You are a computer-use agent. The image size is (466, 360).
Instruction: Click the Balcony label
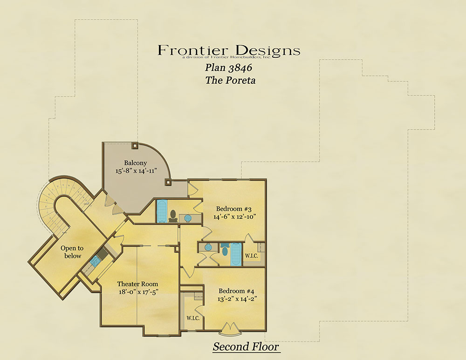pyautogui.click(x=136, y=163)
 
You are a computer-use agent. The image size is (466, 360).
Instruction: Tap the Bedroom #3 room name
pyautogui.click(x=234, y=209)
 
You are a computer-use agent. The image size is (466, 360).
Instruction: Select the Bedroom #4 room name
pyautogui.click(x=237, y=291)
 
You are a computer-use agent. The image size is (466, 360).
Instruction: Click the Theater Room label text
pyautogui.click(x=137, y=284)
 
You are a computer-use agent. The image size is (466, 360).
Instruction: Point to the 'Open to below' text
pyautogui.click(x=72, y=252)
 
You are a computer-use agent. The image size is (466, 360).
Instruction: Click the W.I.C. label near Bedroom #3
pyautogui.click(x=252, y=256)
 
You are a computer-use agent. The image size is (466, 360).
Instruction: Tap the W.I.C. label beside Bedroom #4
pyautogui.click(x=193, y=318)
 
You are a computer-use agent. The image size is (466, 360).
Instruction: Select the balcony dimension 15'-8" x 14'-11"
pyautogui.click(x=136, y=171)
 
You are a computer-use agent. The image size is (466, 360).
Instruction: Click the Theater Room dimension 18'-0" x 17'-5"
pyautogui.click(x=138, y=292)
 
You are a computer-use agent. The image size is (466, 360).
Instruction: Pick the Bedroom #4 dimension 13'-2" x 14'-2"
pyautogui.click(x=237, y=299)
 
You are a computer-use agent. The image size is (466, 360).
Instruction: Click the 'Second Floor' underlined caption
pyautogui.click(x=246, y=347)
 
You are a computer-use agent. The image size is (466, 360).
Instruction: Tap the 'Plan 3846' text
pyautogui.click(x=228, y=68)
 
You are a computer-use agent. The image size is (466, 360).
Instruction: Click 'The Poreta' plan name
pyautogui.click(x=230, y=80)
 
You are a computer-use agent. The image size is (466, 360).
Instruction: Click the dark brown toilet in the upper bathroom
pyautogui.click(x=172, y=216)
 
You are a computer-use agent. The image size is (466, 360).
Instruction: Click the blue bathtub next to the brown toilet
pyautogui.click(x=162, y=211)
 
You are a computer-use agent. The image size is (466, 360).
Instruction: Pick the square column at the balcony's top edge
pyautogui.click(x=135, y=146)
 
